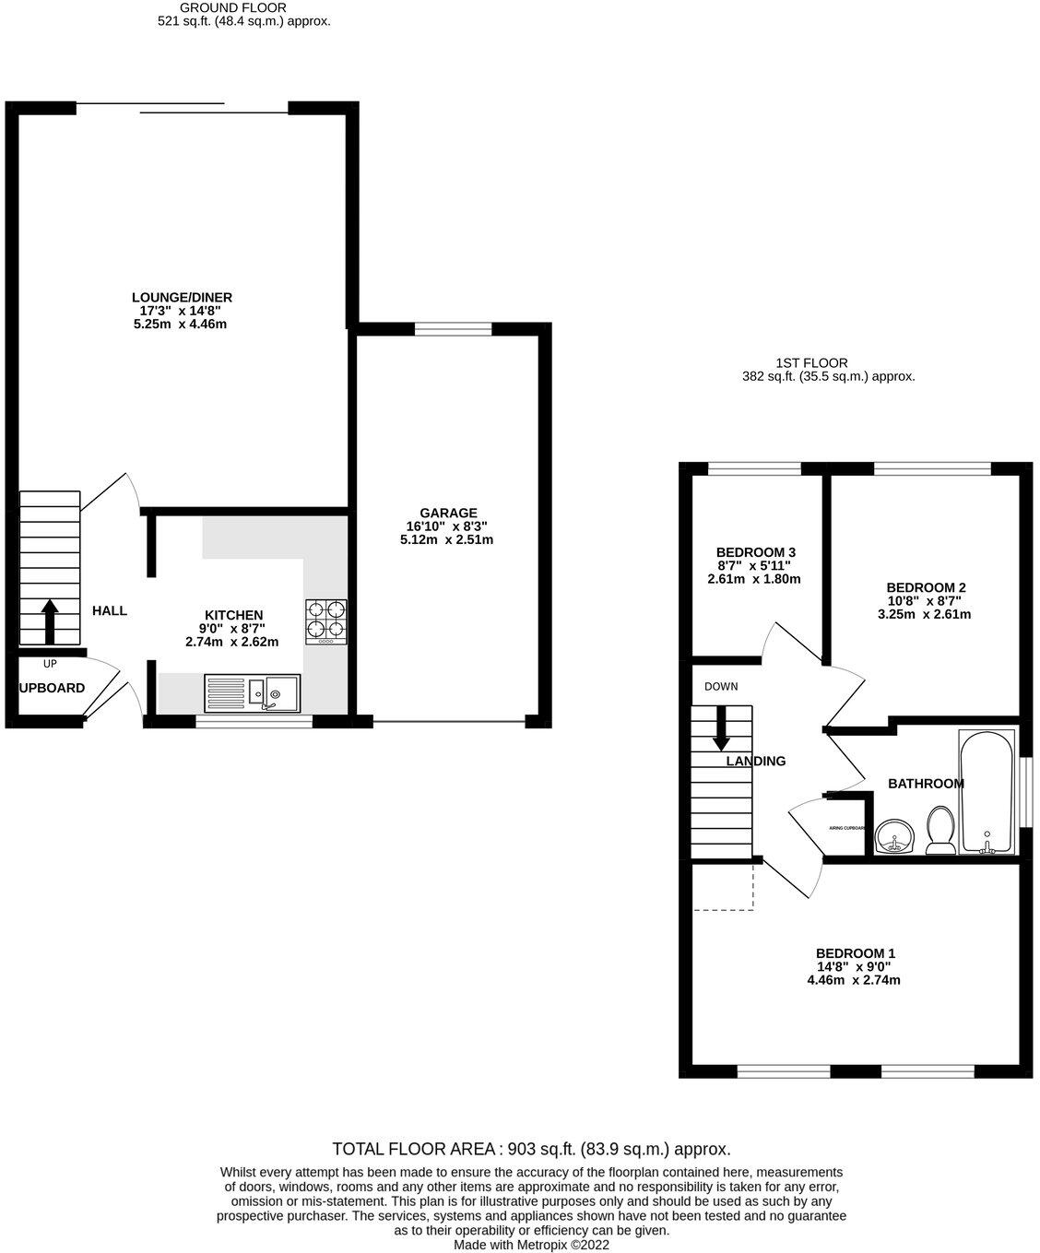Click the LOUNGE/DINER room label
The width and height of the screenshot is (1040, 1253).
[x=182, y=298]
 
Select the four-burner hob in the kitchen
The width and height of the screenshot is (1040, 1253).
[x=326, y=621]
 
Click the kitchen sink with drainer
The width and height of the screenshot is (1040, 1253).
[x=252, y=693]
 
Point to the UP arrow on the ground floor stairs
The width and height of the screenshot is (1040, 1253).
[x=49, y=621]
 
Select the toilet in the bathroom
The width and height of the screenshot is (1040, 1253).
[x=940, y=830]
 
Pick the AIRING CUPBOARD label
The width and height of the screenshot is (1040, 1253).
[x=846, y=828]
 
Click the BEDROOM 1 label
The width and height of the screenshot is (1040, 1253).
[x=855, y=953]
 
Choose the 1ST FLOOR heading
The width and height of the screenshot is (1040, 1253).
[x=811, y=363]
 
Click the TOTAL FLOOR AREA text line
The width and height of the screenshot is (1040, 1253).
[x=531, y=1149]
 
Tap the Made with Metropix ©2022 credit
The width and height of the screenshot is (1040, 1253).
[x=531, y=1244]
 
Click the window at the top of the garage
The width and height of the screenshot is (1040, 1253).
[x=453, y=329]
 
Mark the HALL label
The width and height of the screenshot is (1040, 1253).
[x=110, y=610]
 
